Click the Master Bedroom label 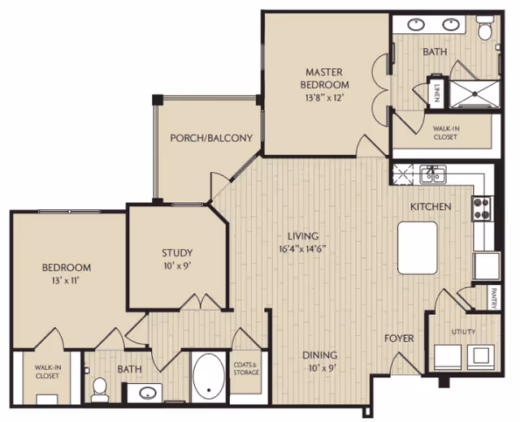coord(324,78)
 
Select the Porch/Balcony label coord(211,138)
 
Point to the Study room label coord(177,252)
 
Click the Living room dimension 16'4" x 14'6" coord(302,249)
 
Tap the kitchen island coord(417,248)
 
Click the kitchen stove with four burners coord(483,209)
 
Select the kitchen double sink coord(433,174)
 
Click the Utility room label coord(463,332)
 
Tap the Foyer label coord(399,338)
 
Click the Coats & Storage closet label coord(246,368)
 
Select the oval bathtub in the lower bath coord(209,377)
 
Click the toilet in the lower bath coord(99,390)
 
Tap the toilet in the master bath coord(484,28)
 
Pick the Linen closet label coord(436,92)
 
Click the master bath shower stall coord(474,94)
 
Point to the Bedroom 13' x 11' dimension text coord(67,281)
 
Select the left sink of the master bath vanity coord(416,24)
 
